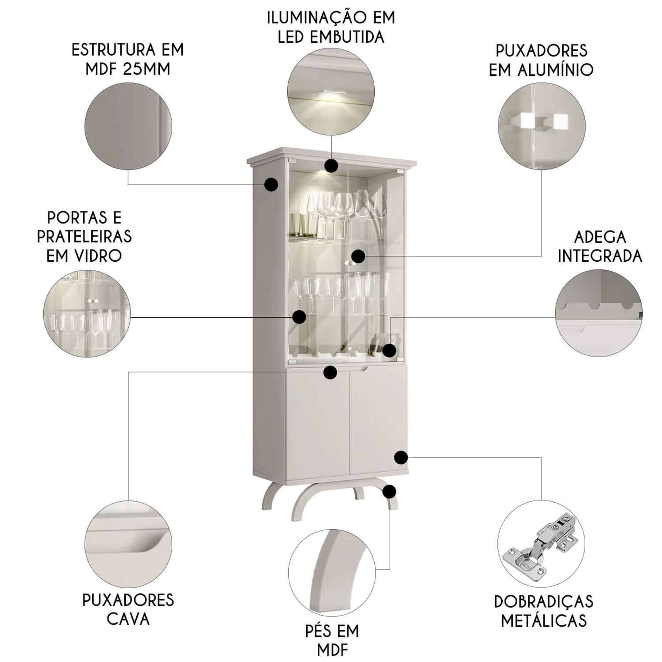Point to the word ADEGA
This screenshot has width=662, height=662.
(x=600, y=237)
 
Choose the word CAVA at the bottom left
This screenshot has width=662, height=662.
(x=128, y=619)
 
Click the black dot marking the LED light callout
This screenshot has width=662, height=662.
(x=331, y=165)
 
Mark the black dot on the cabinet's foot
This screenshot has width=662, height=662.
(x=389, y=491)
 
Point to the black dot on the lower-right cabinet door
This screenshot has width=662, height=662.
(x=401, y=457)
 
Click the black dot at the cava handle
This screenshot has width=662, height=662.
(x=330, y=372)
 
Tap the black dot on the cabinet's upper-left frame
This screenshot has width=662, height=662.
(x=271, y=184)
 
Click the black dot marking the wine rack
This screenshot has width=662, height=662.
(x=389, y=350)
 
